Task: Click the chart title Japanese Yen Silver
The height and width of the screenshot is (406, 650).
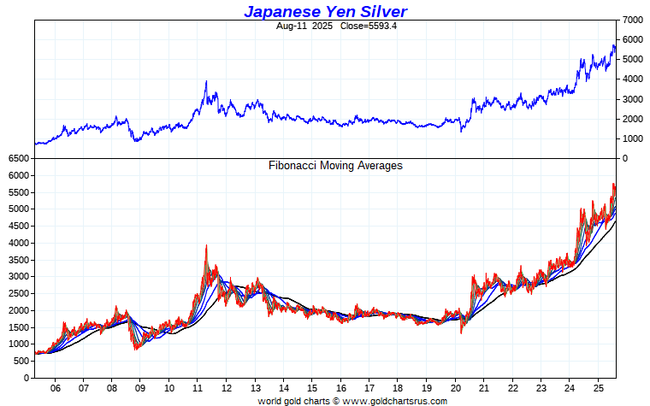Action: pos(325,11)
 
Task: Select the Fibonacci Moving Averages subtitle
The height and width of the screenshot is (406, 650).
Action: pos(335,166)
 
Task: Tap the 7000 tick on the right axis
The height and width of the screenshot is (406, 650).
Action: pos(634,19)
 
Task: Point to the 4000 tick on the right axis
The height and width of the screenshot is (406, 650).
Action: pos(634,79)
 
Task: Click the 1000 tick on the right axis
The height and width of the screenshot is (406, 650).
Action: pos(634,138)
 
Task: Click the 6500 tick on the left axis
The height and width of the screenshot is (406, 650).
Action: pos(18,159)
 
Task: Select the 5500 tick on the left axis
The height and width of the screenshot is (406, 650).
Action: pos(18,192)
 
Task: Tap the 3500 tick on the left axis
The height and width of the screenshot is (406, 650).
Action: pos(18,260)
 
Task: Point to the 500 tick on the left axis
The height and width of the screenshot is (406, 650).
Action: pos(21,361)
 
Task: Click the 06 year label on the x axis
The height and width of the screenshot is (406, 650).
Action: pos(55,386)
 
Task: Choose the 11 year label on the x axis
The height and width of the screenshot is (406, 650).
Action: pos(198,386)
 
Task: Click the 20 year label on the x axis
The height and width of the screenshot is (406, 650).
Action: pos(455,386)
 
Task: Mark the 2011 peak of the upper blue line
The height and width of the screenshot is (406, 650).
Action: pos(206,82)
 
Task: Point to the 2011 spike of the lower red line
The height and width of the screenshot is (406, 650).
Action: pos(206,246)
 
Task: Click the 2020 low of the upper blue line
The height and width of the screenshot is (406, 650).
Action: pos(462,131)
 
